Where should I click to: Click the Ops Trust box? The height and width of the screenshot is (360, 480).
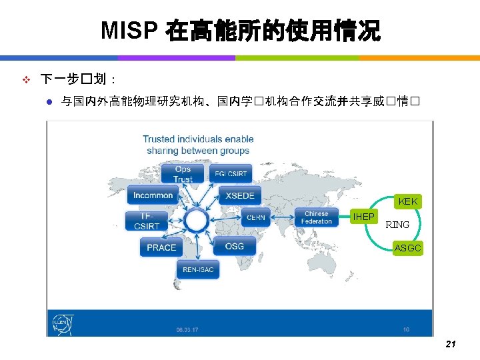click(183, 174)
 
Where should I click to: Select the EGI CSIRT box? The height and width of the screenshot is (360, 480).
click(231, 174)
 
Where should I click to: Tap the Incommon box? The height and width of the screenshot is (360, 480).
click(153, 195)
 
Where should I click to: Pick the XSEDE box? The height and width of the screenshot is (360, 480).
click(240, 195)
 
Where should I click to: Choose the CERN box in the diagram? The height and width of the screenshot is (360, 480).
click(255, 217)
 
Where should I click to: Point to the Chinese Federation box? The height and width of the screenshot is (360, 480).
click(317, 217)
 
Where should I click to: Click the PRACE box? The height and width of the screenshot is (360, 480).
click(161, 247)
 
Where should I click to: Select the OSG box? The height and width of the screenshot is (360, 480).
click(235, 246)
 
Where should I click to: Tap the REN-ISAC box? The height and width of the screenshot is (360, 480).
click(197, 269)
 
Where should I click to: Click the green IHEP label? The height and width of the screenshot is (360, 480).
click(363, 217)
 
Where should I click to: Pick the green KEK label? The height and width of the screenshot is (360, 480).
click(407, 201)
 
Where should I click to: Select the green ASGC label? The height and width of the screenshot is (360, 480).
click(407, 248)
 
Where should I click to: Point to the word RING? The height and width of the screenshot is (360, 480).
click(397, 225)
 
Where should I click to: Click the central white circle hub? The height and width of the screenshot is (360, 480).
click(196, 219)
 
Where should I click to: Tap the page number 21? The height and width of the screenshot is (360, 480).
click(450, 345)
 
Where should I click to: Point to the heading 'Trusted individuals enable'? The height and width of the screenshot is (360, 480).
click(198, 139)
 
